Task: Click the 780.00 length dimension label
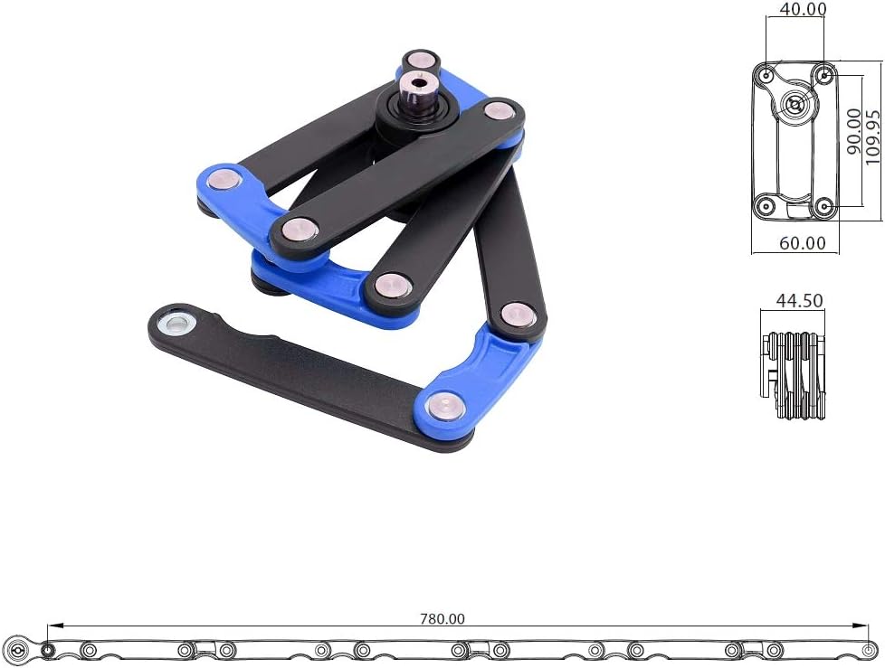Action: [x=442, y=618]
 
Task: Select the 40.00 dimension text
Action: [x=803, y=9]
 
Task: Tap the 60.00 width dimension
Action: [x=802, y=243]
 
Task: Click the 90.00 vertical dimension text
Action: [x=854, y=131]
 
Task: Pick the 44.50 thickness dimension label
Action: [x=799, y=300]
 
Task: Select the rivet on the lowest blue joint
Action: [x=444, y=407]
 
